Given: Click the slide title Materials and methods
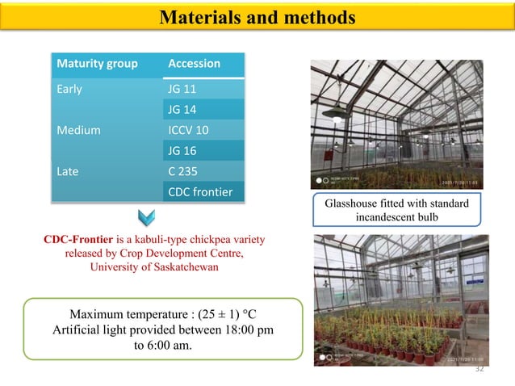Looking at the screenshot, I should click(x=257, y=17).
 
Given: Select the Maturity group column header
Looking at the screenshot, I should click(x=95, y=64).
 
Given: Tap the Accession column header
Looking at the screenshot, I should click(x=194, y=64).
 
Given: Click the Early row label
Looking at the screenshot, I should click(x=69, y=89).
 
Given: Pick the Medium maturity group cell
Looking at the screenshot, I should click(x=77, y=129).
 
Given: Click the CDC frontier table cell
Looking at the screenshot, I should click(x=201, y=191).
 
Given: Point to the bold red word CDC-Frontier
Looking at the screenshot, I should click(x=78, y=240).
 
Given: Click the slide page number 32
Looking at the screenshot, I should click(x=479, y=369).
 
